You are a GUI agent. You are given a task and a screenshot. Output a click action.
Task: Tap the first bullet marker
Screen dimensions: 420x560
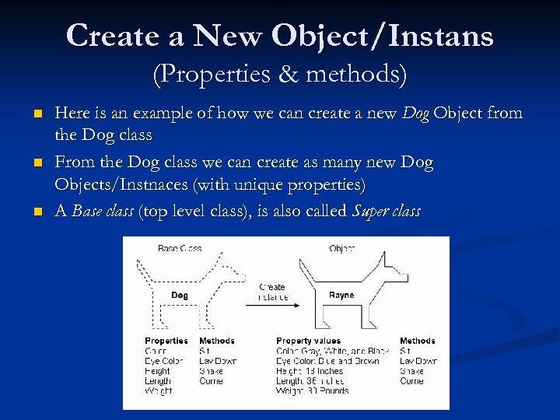pyautogui.click(x=37, y=115)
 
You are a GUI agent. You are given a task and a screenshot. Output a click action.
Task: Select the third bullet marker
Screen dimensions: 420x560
pyautogui.click(x=37, y=212)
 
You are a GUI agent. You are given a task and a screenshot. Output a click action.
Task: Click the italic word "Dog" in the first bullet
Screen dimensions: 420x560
pyautogui.click(x=416, y=114)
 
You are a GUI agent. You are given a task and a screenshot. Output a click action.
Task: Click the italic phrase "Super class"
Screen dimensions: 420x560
pyautogui.click(x=386, y=212)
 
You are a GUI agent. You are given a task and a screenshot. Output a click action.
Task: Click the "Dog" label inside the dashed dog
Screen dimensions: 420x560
pyautogui.click(x=179, y=296)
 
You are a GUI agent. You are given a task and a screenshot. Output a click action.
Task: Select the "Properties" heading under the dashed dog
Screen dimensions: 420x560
pyautogui.click(x=166, y=341)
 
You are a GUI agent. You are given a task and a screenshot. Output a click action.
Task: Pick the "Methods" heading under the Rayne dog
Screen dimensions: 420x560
pyautogui.click(x=418, y=341)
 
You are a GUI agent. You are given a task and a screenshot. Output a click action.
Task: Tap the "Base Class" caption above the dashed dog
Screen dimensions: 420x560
pyautogui.click(x=180, y=248)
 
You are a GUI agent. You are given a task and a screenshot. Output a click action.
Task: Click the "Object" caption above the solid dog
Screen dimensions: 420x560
pyautogui.click(x=341, y=248)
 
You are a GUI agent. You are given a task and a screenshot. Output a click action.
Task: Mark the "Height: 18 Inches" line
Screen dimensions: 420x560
pyautogui.click(x=310, y=371)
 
